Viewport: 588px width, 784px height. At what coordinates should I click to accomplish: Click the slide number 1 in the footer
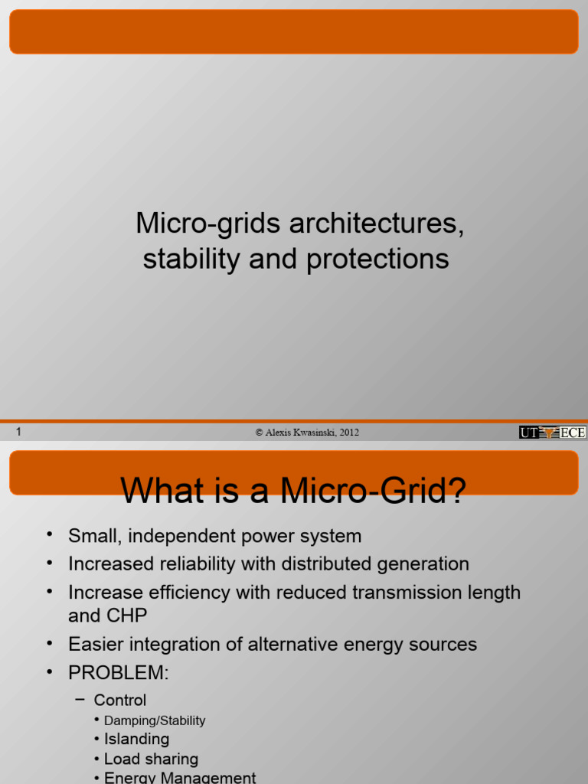(18, 432)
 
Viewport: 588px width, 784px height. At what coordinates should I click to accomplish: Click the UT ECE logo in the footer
(552, 433)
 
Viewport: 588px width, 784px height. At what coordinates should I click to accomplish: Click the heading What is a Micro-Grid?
(293, 491)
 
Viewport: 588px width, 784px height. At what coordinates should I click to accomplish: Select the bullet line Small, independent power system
(214, 536)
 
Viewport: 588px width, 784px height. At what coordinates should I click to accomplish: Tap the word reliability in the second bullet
(194, 564)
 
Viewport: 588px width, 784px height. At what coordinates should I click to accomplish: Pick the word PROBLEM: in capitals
(117, 672)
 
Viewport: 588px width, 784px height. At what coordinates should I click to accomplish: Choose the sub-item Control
(119, 700)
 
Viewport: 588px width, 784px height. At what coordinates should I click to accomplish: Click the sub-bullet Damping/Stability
(155, 720)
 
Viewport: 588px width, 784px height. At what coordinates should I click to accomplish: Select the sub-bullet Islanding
(136, 739)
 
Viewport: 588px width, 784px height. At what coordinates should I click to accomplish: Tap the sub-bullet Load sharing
(151, 759)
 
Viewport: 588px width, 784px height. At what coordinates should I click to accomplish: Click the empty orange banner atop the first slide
(293, 32)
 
